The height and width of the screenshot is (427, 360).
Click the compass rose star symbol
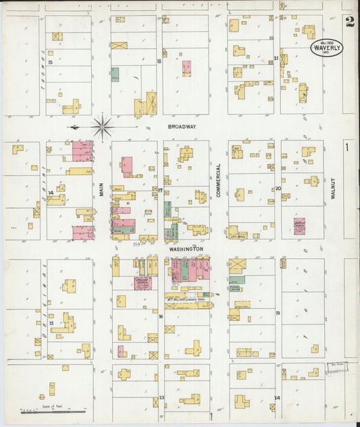(x=102, y=126)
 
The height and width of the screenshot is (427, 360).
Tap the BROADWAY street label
(x=182, y=126)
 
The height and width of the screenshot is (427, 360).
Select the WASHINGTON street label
(x=186, y=249)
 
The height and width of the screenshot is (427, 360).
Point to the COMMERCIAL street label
(x=219, y=180)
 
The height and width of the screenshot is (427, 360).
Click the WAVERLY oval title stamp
(x=327, y=48)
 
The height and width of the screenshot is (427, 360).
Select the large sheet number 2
(x=349, y=22)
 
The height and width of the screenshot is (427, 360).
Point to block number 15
(x=51, y=61)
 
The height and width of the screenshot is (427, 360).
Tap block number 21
(x=276, y=58)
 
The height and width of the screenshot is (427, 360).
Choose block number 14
(x=51, y=193)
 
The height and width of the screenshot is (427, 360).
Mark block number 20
(x=278, y=189)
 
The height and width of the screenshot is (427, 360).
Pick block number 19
(x=278, y=313)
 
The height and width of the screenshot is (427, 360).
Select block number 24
(x=278, y=398)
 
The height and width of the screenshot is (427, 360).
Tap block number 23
(x=161, y=398)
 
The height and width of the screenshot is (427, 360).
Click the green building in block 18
(x=115, y=74)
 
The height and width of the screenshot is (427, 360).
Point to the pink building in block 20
(x=299, y=226)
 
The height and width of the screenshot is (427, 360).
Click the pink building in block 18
(x=186, y=68)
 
